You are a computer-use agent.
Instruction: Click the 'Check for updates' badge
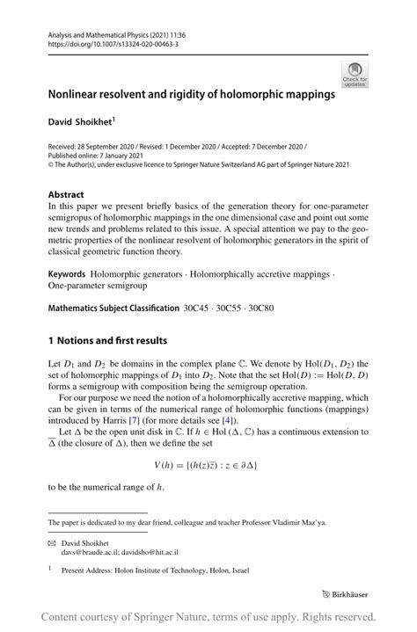[355, 74]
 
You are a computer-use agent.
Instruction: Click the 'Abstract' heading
[66, 195]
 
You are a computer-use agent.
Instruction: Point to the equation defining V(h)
[208, 464]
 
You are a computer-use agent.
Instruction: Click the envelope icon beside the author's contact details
[53, 544]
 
